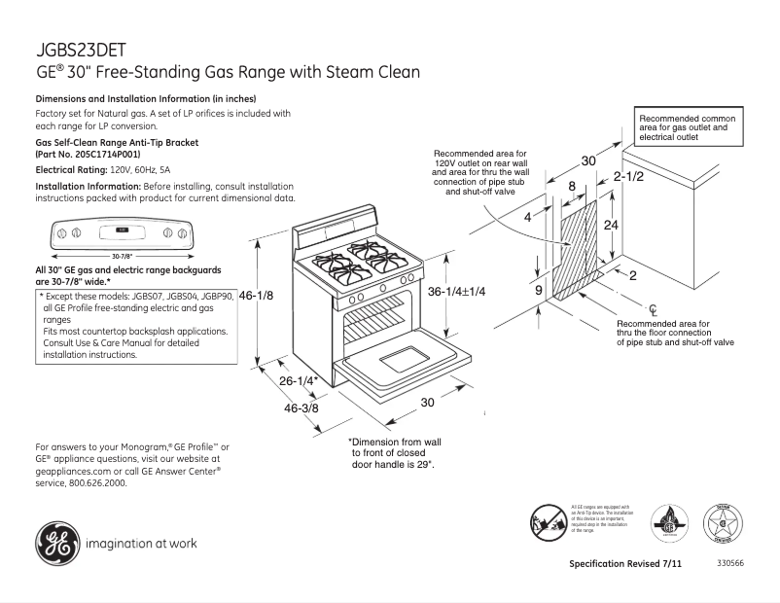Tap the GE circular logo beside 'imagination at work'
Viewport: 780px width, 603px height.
57,543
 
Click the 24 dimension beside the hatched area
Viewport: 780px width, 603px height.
611,225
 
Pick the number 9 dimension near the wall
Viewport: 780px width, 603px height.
538,290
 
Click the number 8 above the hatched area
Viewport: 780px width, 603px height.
572,186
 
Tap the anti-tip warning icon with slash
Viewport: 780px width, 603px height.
548,521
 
